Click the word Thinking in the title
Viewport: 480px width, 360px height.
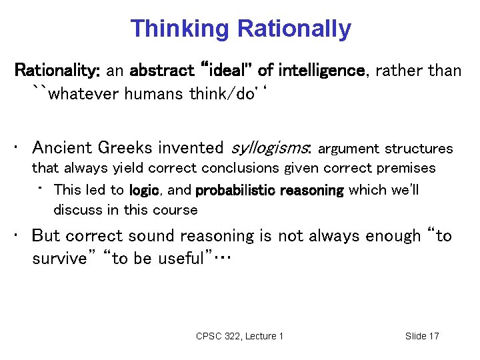(180, 29)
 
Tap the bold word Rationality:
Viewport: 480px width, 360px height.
(57, 70)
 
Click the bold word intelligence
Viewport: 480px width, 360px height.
(322, 70)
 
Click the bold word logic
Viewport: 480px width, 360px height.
(144, 190)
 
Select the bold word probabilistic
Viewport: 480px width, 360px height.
(235, 190)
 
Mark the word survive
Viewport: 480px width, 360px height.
(61, 259)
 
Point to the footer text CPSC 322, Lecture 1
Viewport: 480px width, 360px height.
(239, 336)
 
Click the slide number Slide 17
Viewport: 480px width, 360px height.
(422, 336)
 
